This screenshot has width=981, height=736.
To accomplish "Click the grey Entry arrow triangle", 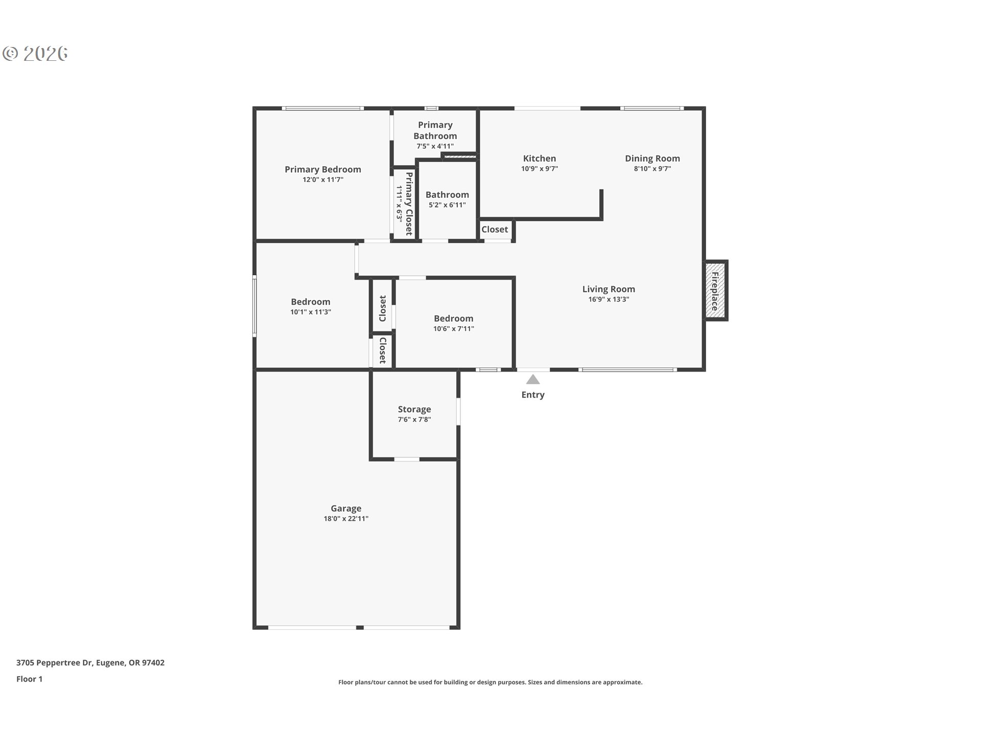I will point(533,379).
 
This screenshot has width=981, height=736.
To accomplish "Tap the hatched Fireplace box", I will point(716,291).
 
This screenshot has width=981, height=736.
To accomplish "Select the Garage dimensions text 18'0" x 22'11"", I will point(346,519).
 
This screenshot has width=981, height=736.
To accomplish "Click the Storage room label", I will point(414,409).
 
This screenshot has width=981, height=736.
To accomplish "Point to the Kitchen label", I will point(539,158).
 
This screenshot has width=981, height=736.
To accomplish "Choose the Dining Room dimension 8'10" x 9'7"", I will point(652,169).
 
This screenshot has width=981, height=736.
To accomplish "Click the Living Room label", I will point(609,289).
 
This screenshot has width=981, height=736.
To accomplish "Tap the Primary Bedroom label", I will point(322,169).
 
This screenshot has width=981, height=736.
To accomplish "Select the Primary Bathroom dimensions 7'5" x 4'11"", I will point(435,146).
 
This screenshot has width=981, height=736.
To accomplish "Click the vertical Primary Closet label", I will point(409,203).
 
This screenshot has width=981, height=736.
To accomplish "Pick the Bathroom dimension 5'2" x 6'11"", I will point(447,205).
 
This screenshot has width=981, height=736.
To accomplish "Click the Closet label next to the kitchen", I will point(495,229).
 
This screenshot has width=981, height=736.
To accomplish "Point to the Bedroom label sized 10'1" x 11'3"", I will point(311,302).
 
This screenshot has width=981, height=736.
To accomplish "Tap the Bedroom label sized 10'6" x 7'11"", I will point(453,318).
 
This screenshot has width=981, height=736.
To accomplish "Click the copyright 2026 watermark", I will point(35,53).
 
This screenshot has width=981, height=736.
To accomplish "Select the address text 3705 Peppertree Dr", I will point(54,662).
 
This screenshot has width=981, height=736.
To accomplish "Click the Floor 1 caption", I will point(29,679).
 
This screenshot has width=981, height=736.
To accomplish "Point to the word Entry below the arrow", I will point(533,395).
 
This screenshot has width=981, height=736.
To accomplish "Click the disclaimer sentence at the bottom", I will point(490,682).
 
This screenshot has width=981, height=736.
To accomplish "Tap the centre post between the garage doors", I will point(360,627).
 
